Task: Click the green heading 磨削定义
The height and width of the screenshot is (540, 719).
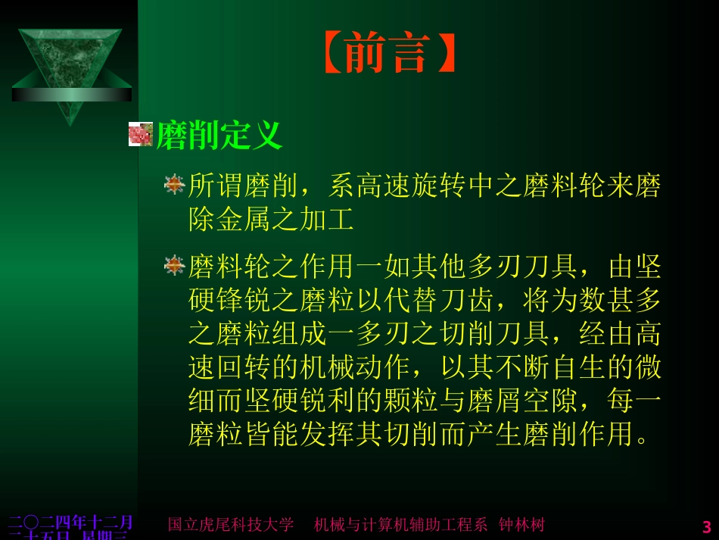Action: coord(219,136)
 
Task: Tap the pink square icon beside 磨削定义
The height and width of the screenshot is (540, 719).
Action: coord(141,134)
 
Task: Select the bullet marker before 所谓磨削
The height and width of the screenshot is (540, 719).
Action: coord(175,184)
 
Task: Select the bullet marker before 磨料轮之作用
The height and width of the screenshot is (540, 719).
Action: coord(175,265)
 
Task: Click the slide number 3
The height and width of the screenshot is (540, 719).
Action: coord(707,526)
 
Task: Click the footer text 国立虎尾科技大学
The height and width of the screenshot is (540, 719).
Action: coord(230,524)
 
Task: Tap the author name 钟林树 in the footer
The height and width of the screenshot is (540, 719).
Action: coord(521,524)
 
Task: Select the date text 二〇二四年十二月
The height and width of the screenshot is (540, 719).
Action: coord(70,522)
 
